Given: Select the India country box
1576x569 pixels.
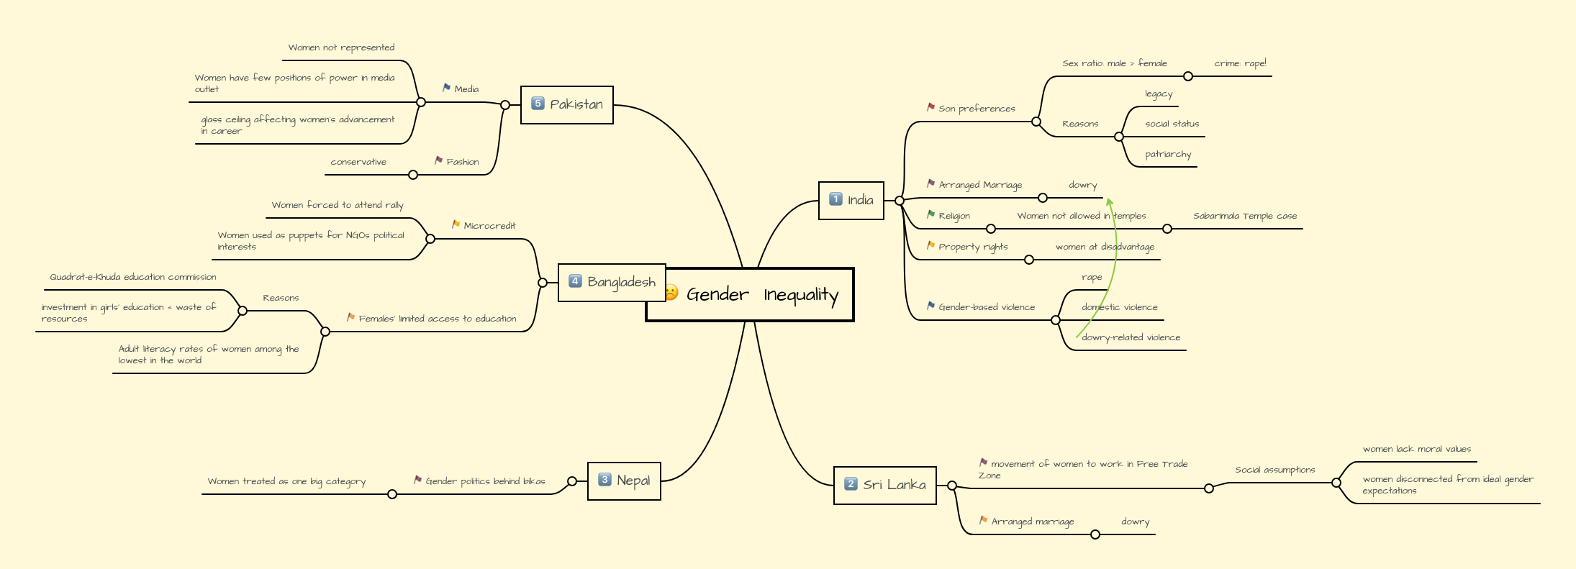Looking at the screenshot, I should click(x=851, y=200).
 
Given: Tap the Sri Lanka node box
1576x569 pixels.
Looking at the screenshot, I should click(x=885, y=485).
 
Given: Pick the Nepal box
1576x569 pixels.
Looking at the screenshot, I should click(x=625, y=481).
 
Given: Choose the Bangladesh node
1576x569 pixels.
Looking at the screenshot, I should click(x=612, y=282).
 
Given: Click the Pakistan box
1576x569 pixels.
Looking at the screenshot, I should click(x=567, y=104).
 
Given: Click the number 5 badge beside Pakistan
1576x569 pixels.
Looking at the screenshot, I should click(x=538, y=104).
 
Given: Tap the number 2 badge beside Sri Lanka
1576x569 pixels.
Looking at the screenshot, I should click(x=851, y=484).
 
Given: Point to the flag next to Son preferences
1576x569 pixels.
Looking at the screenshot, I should click(x=930, y=107).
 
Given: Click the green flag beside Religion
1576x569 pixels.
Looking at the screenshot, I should click(x=930, y=214).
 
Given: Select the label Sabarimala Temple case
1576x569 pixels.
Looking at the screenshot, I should click(x=1244, y=216).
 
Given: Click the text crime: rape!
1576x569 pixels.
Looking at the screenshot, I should click(x=1240, y=63).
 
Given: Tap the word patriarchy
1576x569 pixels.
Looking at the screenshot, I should click(x=1168, y=154).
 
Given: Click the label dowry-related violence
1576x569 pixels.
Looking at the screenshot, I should click(x=1131, y=337).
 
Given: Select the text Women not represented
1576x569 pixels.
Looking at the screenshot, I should click(x=341, y=47).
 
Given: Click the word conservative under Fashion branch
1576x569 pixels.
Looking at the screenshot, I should click(x=358, y=162).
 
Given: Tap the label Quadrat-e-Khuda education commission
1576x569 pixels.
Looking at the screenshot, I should click(x=132, y=277).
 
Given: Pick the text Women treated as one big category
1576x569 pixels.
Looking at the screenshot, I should click(x=286, y=481).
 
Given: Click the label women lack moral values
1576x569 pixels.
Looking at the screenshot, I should click(x=1416, y=449).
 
